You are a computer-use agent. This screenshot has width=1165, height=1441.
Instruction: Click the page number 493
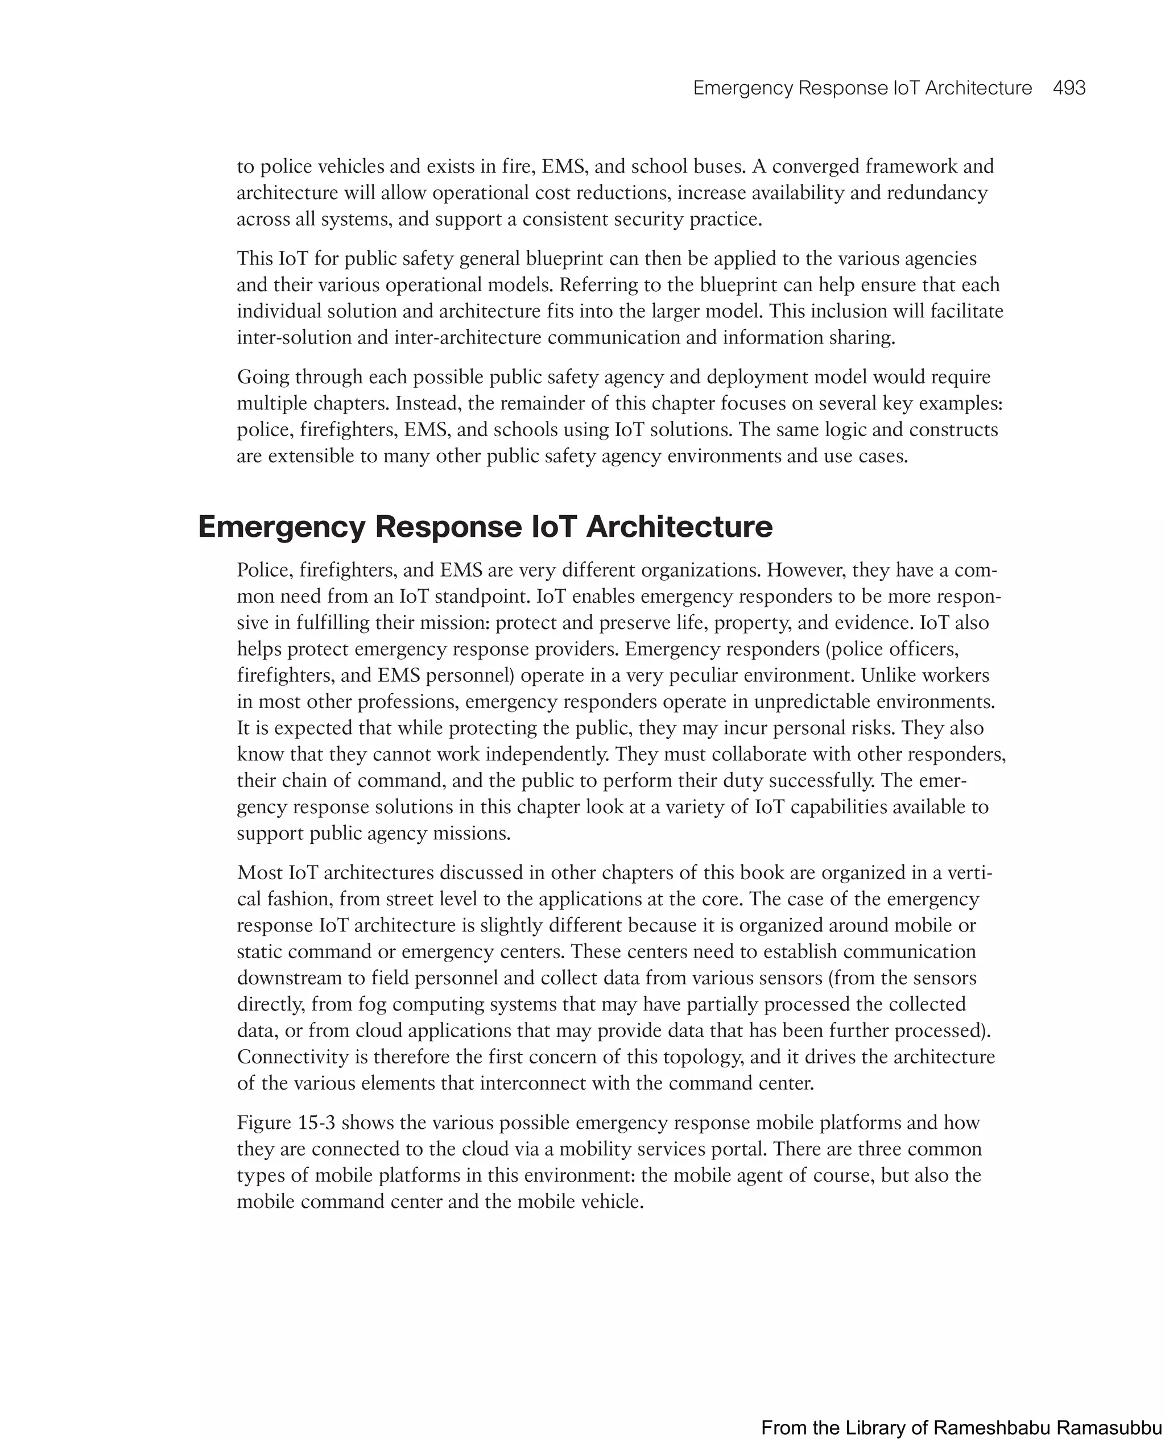1069,88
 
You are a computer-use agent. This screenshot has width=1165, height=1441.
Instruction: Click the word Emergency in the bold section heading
281,527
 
